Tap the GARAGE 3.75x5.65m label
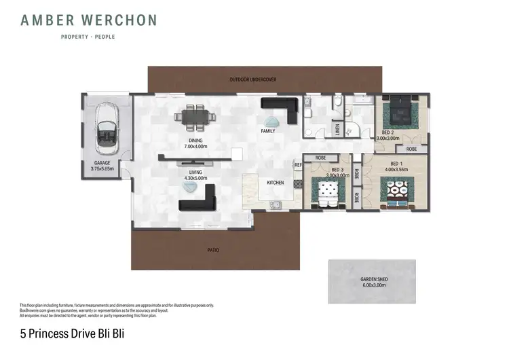click(102, 166)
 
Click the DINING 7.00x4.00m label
click(197, 144)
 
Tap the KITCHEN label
click(275, 183)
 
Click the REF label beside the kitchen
click(297, 165)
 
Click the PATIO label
click(213, 250)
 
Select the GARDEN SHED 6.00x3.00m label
click(372, 282)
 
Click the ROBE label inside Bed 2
click(411, 148)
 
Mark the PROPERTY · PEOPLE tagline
click(88, 37)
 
